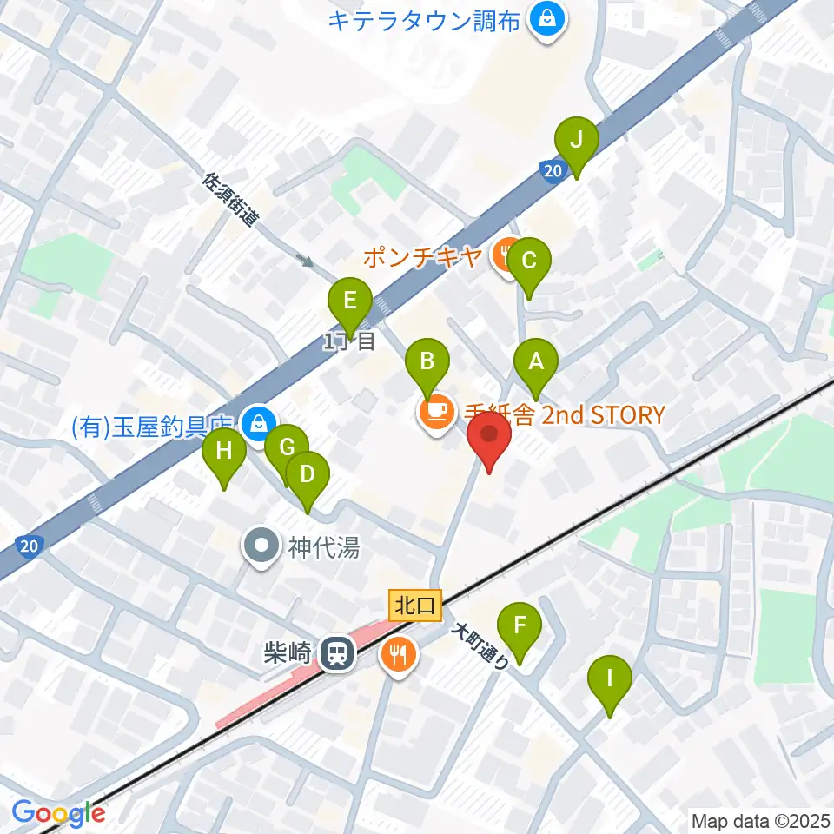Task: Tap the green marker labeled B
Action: tap(427, 361)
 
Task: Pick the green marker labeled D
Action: tap(308, 475)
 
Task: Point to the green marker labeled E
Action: tap(349, 301)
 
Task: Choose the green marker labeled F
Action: tap(520, 626)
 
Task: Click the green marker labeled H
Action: tap(224, 452)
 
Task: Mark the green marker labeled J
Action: tap(577, 140)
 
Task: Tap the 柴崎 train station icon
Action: tap(334, 653)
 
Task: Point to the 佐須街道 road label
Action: tap(230, 199)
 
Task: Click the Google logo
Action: tap(59, 814)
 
